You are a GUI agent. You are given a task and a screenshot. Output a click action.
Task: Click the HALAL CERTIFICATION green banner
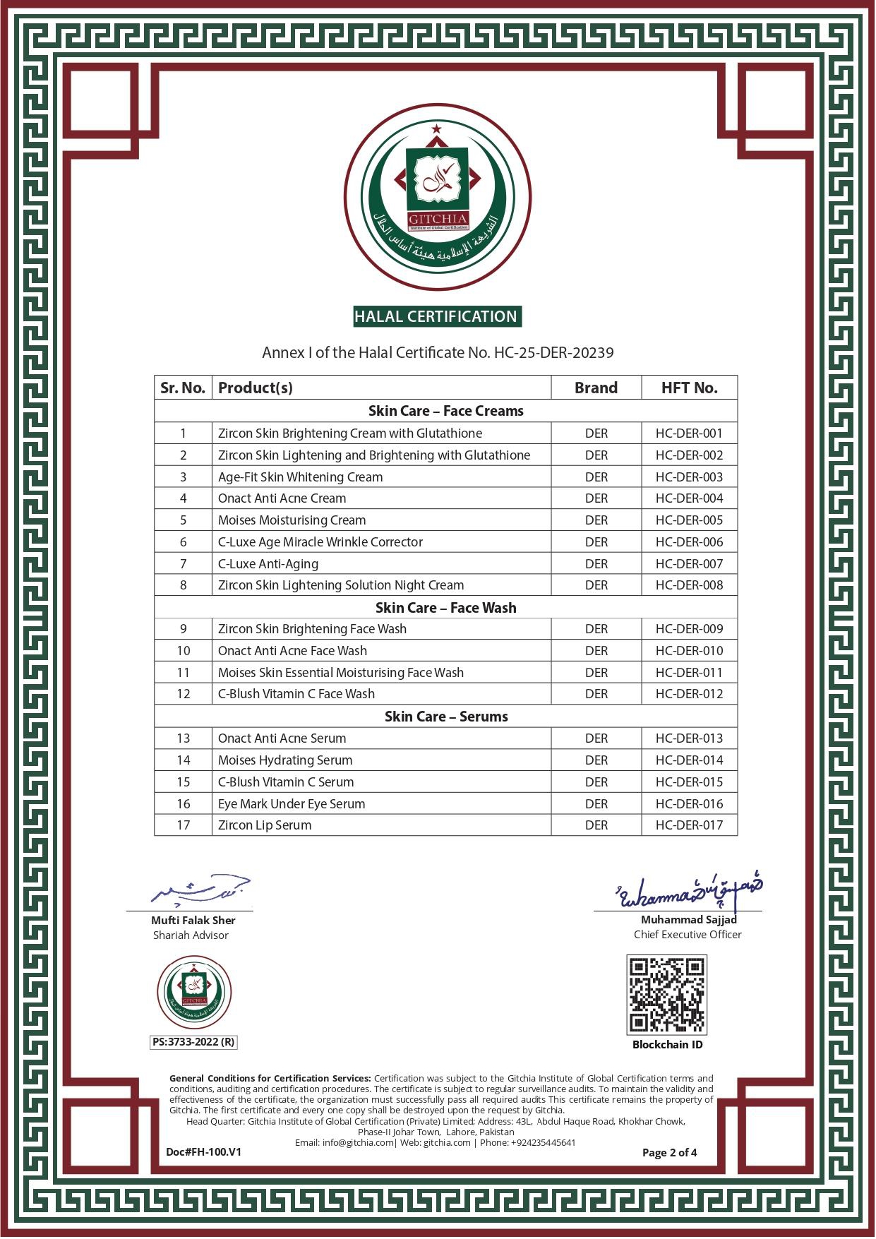pos(437,316)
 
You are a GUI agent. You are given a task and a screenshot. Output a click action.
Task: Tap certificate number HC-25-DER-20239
pos(553,352)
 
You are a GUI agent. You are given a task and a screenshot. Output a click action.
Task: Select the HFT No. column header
pos(689,388)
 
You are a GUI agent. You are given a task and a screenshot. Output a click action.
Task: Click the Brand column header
pos(596,388)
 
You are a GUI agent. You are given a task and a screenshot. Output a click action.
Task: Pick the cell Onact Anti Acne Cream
pos(282,498)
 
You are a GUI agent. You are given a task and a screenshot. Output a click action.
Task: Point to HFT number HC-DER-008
pos(689,585)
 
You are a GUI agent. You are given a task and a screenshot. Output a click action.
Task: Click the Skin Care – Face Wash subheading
pos(445,608)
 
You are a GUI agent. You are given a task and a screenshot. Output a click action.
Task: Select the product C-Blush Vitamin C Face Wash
pos(296,694)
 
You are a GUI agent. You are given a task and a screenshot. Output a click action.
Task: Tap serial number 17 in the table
pos(184,825)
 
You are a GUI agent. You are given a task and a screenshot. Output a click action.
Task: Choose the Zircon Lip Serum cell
pos(265,825)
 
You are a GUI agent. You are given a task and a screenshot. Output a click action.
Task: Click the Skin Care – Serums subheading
pos(445,717)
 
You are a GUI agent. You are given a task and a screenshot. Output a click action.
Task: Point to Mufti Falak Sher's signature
pos(200,892)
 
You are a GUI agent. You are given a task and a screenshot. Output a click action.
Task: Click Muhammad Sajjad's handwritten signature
pos(689,893)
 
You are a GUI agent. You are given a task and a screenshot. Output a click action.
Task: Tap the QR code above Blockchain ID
pos(666,995)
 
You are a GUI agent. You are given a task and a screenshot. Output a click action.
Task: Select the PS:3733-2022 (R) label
pos(193,1042)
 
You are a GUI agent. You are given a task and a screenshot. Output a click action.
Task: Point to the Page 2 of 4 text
pos(669,1152)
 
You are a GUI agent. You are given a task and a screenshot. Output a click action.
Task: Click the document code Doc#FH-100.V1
pos(203,1151)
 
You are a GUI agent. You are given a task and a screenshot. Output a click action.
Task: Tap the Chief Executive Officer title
pos(688,935)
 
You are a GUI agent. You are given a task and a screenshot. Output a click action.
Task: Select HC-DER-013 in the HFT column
pos(689,738)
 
